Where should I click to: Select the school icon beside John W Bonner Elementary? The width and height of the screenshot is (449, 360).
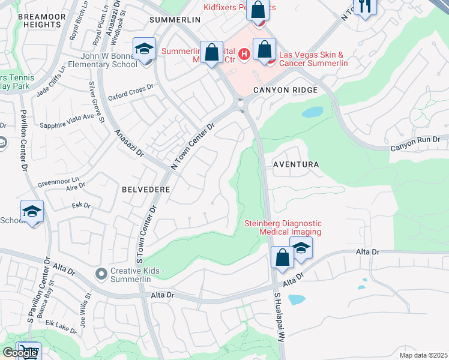coord(144,50)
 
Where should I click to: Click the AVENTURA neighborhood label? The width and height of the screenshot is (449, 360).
coord(295,164)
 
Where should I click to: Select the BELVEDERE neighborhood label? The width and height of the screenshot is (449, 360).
coord(146,188)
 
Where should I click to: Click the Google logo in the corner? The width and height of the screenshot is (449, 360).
coord(20,353)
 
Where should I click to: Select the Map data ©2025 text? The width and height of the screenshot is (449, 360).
coord(423,355)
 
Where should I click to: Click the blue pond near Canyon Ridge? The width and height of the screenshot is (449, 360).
coord(312,112)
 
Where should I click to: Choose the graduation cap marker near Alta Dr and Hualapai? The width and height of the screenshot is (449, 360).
coord(301,248)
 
